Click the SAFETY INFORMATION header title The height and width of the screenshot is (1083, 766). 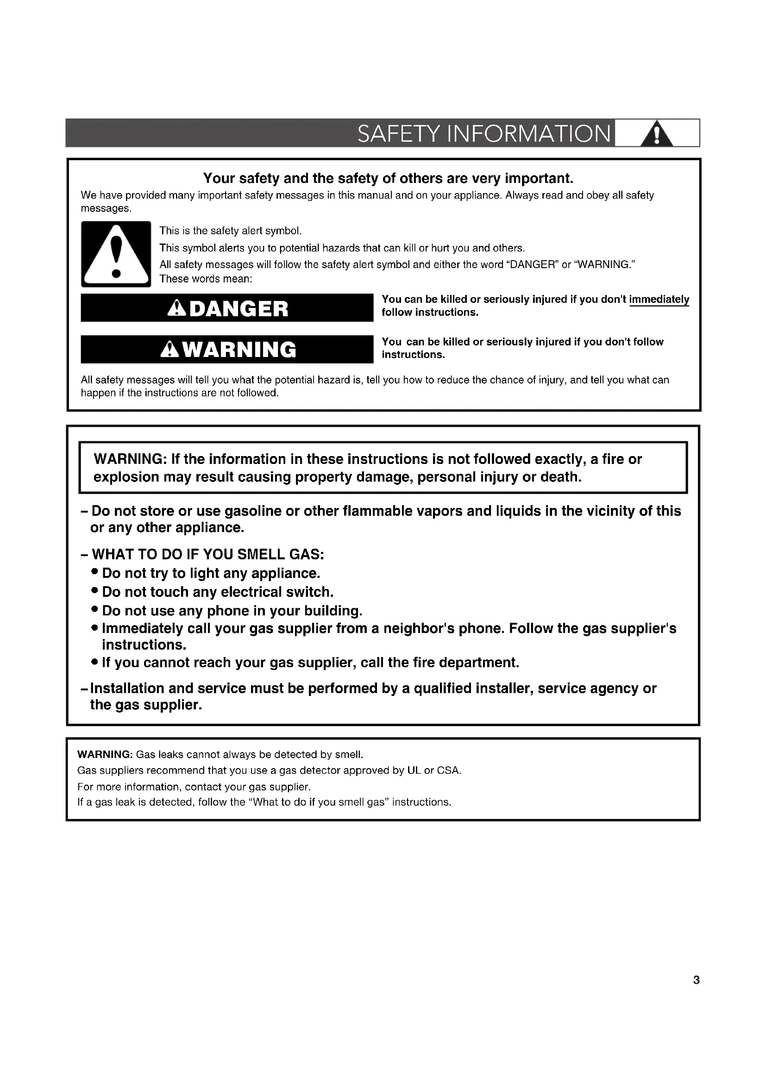(484, 133)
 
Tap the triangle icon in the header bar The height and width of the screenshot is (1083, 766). (657, 134)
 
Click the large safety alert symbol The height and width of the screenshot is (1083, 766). (116, 254)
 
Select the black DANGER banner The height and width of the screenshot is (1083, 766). (227, 308)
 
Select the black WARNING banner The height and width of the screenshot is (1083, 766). (227, 350)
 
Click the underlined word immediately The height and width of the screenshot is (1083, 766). (659, 300)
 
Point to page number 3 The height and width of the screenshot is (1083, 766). (696, 980)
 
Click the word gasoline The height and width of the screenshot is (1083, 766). (254, 511)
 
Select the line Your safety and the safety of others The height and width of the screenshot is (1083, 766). (388, 178)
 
